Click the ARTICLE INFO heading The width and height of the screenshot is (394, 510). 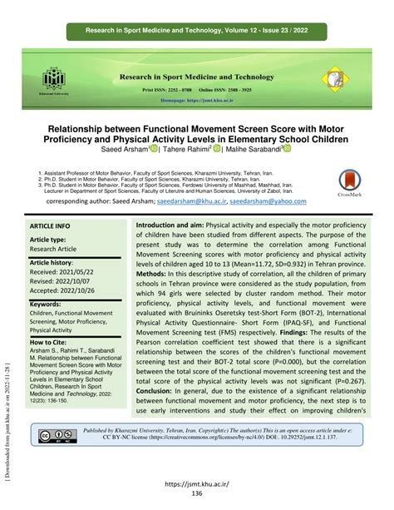(51, 225)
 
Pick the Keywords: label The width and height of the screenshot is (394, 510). (52, 305)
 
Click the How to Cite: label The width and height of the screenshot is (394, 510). (55, 342)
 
